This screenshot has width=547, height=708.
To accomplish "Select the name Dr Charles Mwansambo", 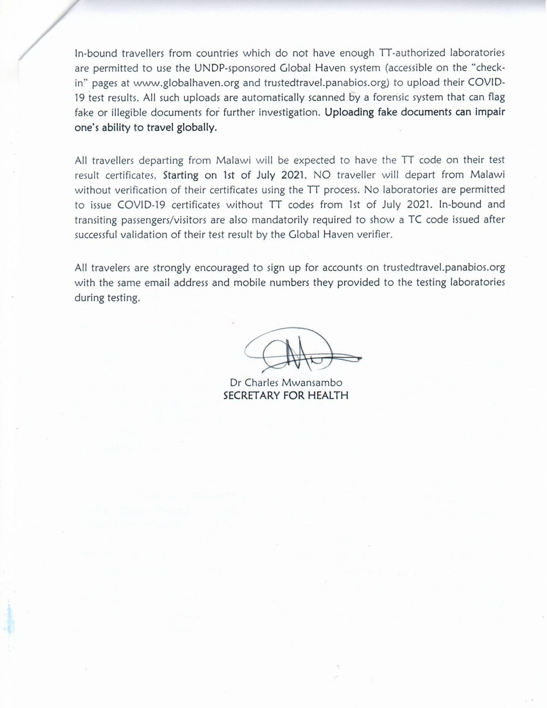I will pos(286,382).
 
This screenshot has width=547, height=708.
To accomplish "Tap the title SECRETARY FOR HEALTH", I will pos(286,396).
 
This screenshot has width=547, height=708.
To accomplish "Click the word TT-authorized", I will pos(405,53).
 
